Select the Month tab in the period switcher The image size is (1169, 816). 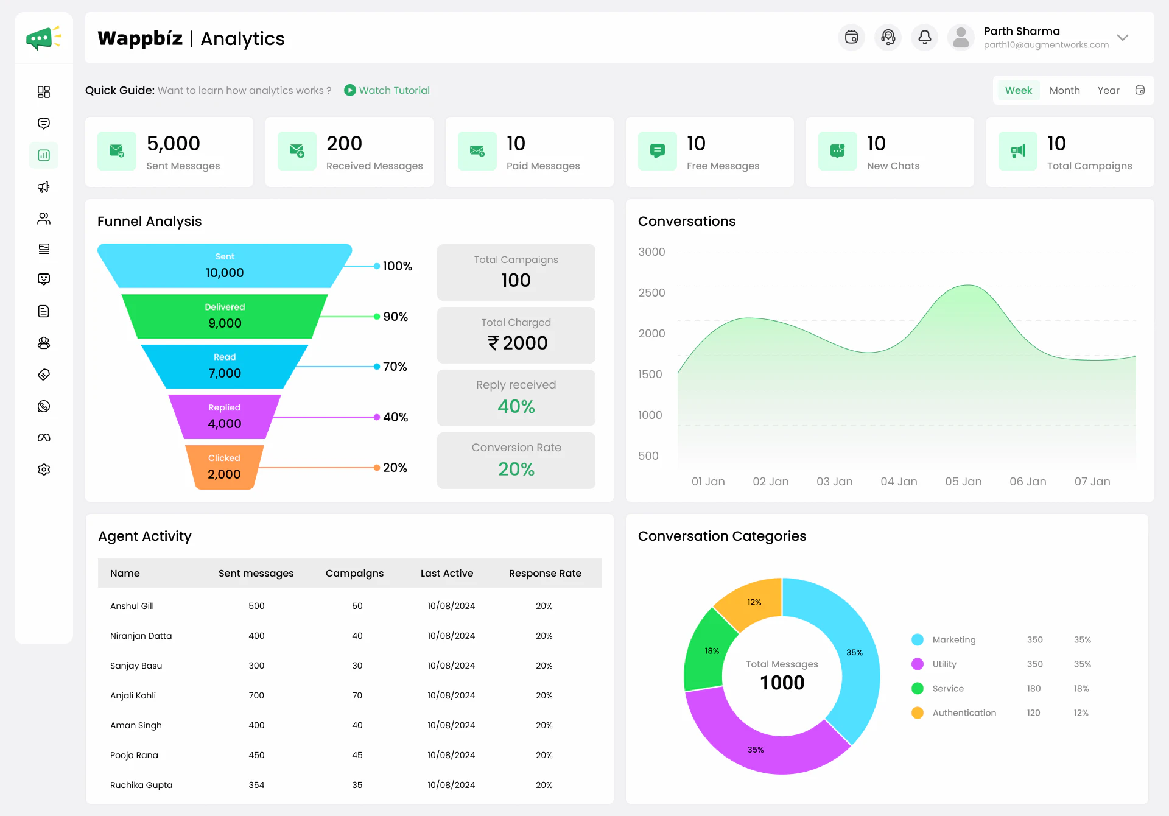(x=1064, y=90)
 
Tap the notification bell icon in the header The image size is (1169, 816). (x=924, y=38)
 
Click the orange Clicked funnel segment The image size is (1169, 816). (x=224, y=467)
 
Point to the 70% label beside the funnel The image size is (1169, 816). (x=395, y=367)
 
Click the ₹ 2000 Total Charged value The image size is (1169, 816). (x=517, y=343)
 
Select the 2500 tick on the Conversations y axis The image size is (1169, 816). (x=651, y=293)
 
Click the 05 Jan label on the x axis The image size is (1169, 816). (x=963, y=482)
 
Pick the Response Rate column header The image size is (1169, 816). (x=545, y=573)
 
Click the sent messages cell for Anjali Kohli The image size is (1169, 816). (x=256, y=695)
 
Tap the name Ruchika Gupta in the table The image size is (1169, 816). (x=141, y=785)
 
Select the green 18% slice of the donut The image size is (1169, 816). (x=706, y=652)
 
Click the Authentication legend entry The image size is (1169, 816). (x=964, y=712)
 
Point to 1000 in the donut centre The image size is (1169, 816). (x=782, y=683)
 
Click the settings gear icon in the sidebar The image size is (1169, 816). (x=44, y=470)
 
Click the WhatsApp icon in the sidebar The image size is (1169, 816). (x=44, y=406)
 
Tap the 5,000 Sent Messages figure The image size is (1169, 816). (x=174, y=144)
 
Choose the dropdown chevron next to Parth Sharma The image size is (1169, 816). (x=1123, y=38)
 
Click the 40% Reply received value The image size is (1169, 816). (x=516, y=406)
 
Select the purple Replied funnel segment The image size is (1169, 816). (x=224, y=417)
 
